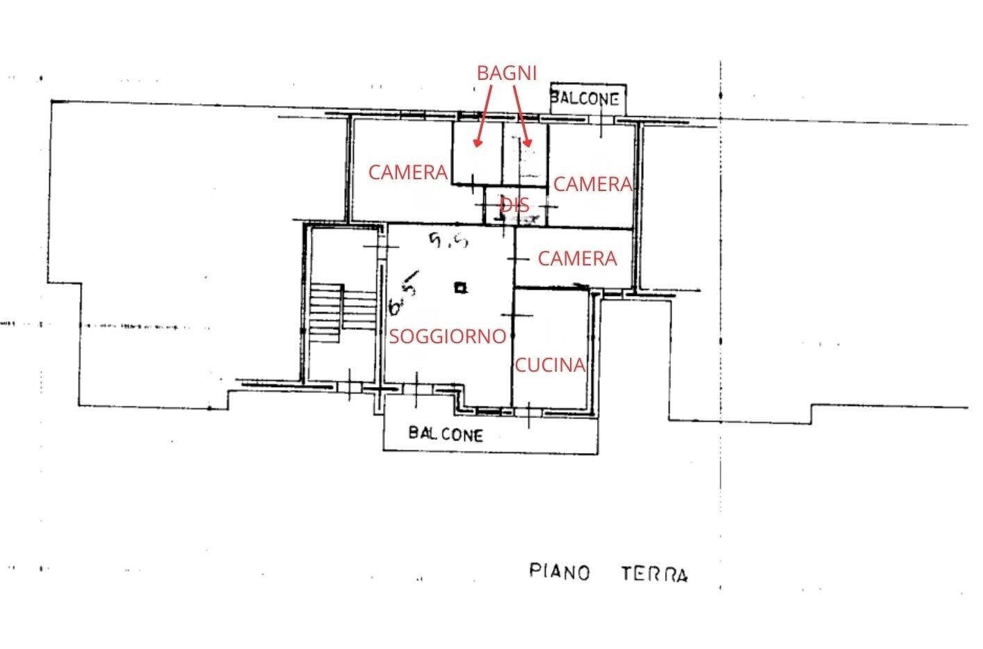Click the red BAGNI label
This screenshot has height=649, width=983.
(x=507, y=72)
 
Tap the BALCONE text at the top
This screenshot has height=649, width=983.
(x=585, y=99)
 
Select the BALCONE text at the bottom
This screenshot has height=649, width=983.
(x=446, y=434)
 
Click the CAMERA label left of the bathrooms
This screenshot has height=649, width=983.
(x=407, y=172)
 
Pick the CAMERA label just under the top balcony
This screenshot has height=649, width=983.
(x=592, y=184)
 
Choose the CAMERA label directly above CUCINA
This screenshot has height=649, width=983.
(x=577, y=258)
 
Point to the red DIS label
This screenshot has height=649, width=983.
(x=515, y=205)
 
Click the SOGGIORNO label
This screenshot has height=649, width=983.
(x=447, y=336)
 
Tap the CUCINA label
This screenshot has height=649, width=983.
(x=549, y=365)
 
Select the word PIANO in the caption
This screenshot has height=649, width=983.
(x=560, y=572)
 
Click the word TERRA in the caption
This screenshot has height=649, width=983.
(x=654, y=574)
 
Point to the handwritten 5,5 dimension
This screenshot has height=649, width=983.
(x=448, y=240)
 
